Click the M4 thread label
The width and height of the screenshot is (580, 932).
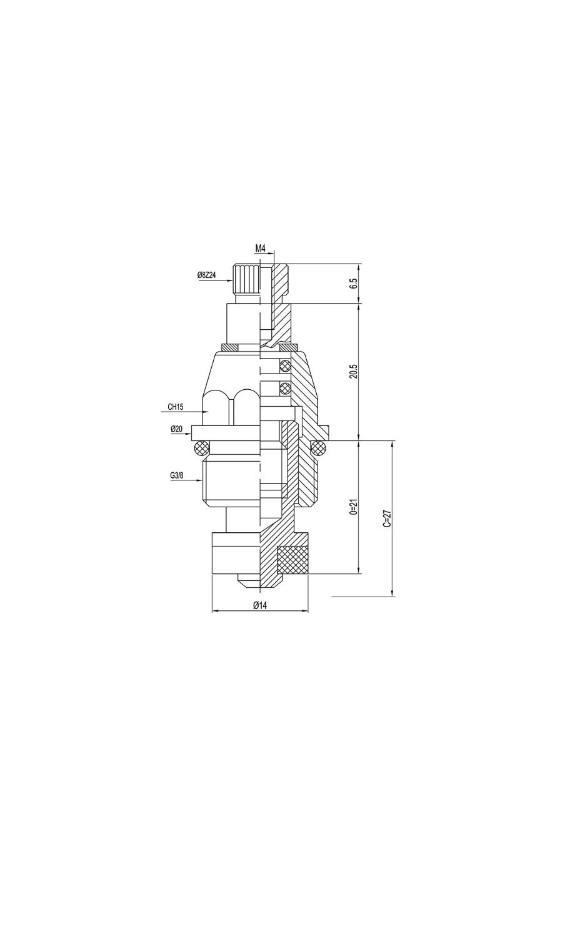click(x=260, y=249)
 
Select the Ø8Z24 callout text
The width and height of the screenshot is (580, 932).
click(x=206, y=275)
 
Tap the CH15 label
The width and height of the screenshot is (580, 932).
click(x=176, y=407)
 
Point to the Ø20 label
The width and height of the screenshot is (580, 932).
click(x=176, y=429)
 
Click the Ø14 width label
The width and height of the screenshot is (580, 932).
click(x=260, y=605)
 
